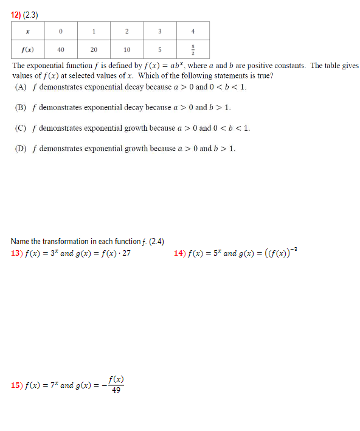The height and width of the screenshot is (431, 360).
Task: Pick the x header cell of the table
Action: (28, 31)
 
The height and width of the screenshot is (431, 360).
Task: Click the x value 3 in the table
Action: (159, 31)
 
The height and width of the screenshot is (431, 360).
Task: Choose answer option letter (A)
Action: (21, 87)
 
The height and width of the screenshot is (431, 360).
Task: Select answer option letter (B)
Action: (21, 108)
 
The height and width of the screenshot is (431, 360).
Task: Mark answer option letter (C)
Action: (21, 128)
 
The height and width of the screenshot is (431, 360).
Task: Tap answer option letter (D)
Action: (21, 149)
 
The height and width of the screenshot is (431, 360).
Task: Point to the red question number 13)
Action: (17, 253)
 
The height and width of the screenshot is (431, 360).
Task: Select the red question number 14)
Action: (179, 253)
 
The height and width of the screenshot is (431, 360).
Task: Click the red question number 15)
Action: (17, 385)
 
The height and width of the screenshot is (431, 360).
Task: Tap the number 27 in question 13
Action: (126, 253)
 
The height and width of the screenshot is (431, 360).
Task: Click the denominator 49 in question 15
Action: (116, 390)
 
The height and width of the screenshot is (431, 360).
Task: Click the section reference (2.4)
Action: (154, 242)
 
